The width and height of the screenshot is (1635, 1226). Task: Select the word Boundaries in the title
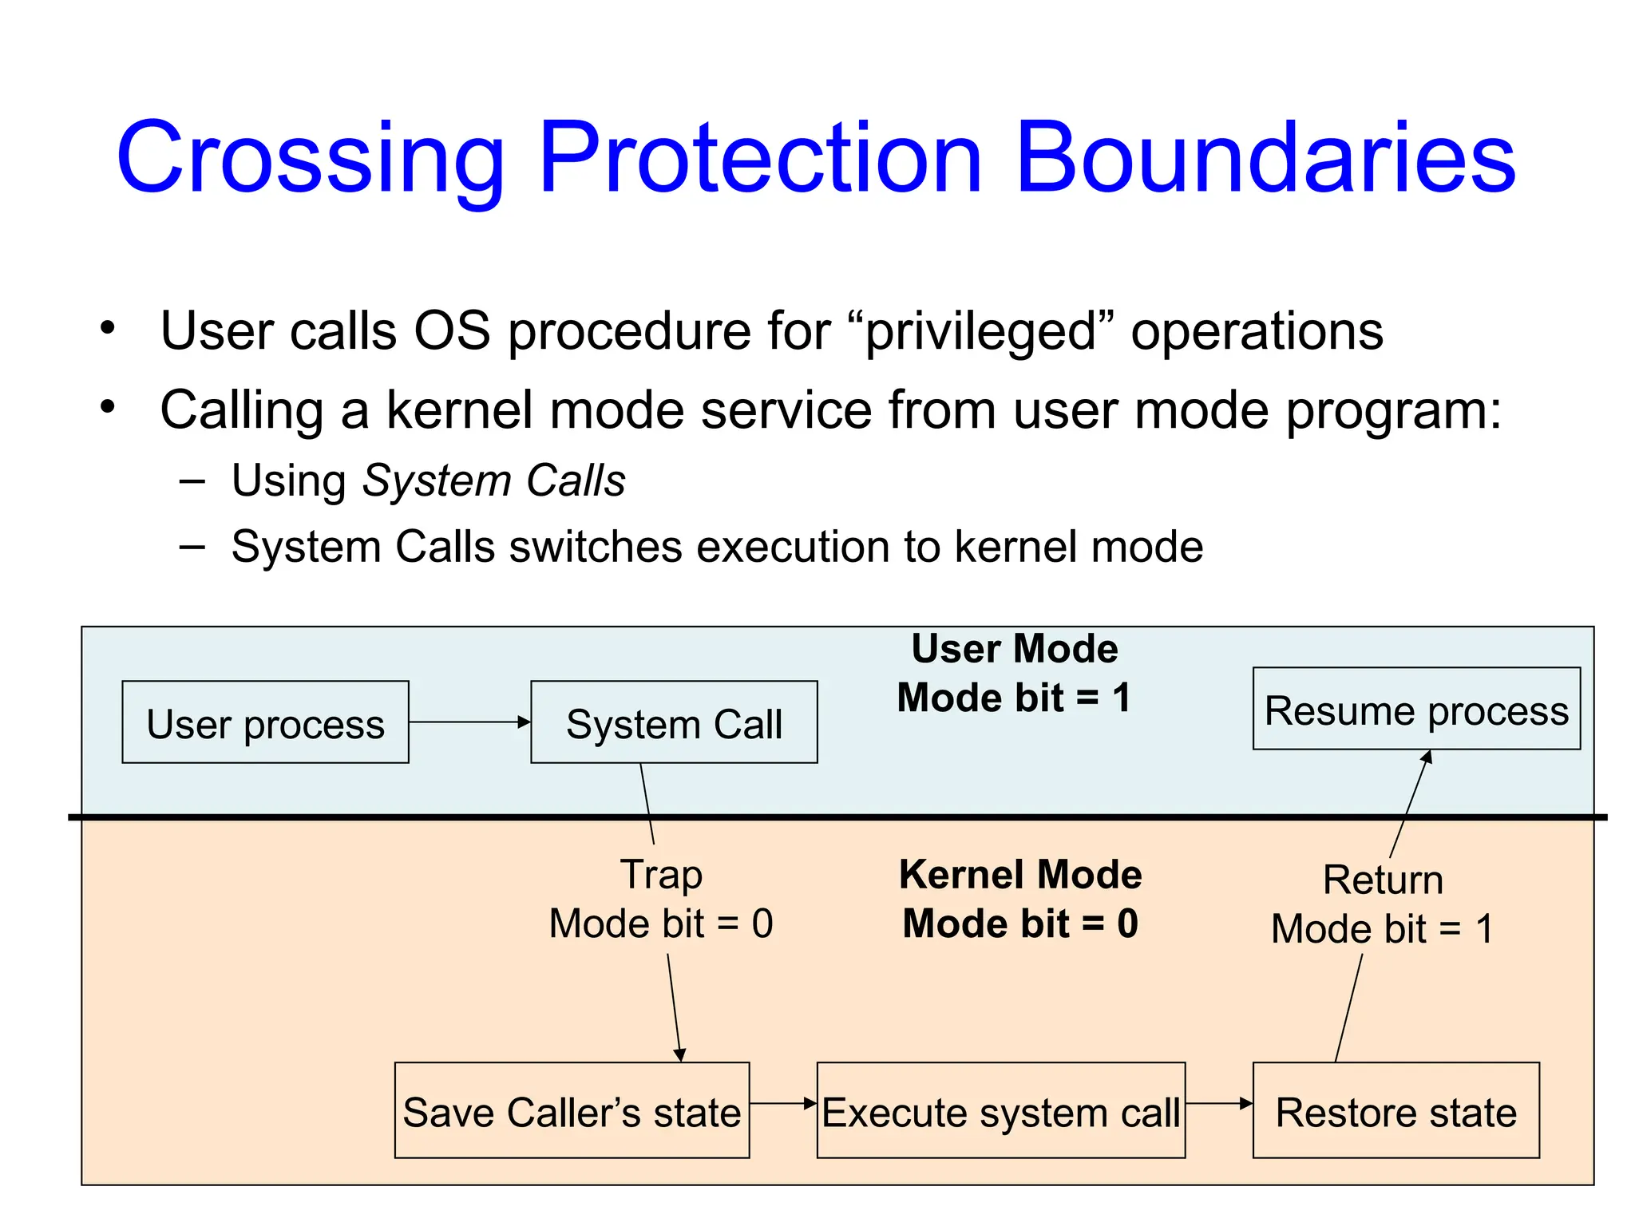click(1265, 158)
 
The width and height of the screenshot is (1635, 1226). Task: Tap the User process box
click(265, 722)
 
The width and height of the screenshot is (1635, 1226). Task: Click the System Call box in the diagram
click(674, 722)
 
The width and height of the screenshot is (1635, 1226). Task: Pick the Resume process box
click(1416, 709)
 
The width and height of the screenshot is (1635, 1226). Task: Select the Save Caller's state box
click(572, 1110)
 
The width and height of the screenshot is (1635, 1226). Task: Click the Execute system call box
click(1000, 1110)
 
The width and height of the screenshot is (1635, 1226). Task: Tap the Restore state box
click(1395, 1110)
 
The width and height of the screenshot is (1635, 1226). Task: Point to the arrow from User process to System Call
click(469, 722)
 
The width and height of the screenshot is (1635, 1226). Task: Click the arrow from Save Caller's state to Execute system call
click(782, 1104)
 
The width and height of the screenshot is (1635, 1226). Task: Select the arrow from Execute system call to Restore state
click(1218, 1104)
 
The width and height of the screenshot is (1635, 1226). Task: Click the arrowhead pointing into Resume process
click(1427, 757)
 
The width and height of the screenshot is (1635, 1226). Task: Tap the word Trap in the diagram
click(661, 874)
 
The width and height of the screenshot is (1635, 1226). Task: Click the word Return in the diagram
click(1383, 880)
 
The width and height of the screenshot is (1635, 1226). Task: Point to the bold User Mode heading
click(1014, 649)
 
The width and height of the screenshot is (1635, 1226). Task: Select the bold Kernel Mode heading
click(1020, 875)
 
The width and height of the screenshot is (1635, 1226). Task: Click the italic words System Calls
click(493, 481)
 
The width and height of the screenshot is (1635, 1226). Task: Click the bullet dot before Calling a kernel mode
click(108, 407)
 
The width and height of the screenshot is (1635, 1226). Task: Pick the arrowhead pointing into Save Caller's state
click(679, 1054)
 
